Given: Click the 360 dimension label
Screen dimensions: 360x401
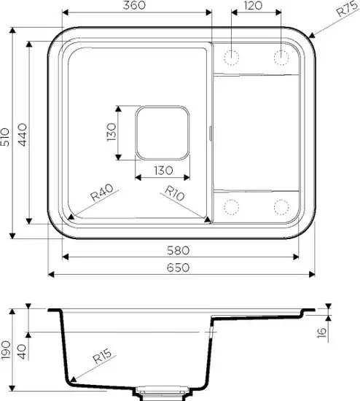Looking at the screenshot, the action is pos(134,5).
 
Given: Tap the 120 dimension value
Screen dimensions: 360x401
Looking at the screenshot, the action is pos(253,5).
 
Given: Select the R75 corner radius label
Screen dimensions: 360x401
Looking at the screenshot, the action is pos(347,9).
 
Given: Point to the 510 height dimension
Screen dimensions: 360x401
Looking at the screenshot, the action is pos(5,137).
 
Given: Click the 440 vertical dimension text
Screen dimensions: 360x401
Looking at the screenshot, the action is pos(23,135).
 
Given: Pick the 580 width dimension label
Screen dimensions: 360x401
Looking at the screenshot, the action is pos(179,250).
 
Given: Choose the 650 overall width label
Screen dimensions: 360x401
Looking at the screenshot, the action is pos(179,268).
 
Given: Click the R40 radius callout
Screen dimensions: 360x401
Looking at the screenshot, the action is pos(102,192).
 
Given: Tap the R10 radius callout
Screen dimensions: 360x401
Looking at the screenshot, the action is pos(175,193).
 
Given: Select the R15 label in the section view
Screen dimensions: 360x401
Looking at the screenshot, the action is pos(102,356).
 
